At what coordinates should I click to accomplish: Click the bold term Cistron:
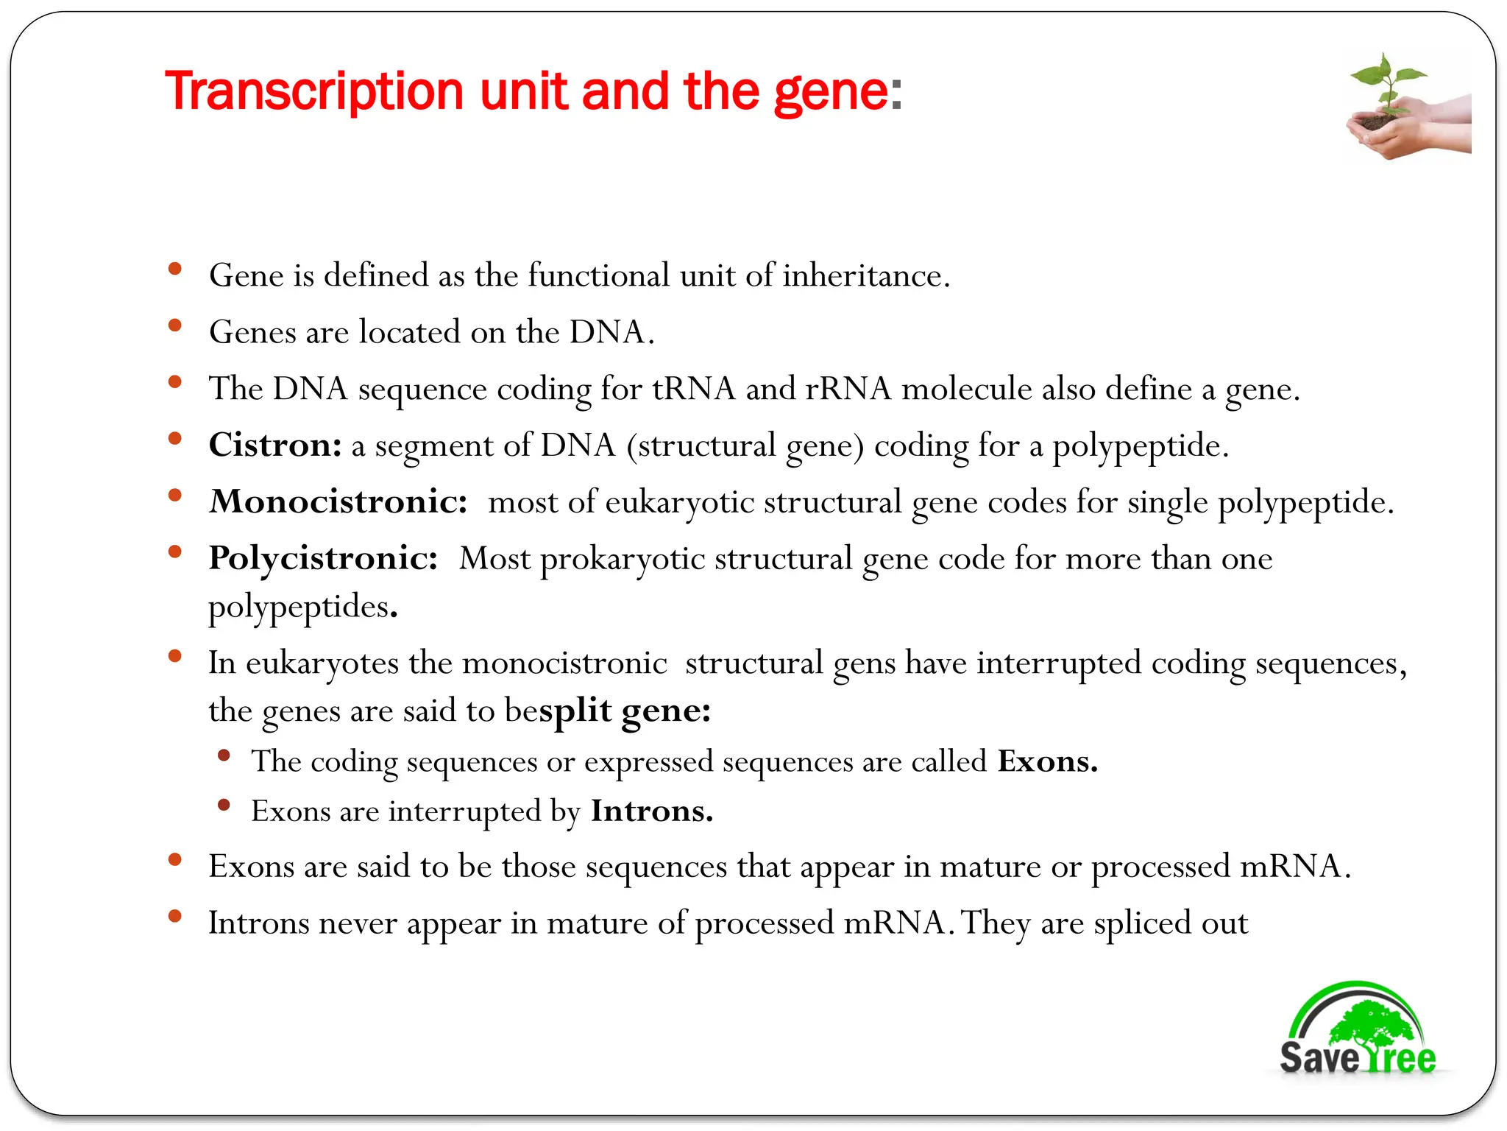coord(275,445)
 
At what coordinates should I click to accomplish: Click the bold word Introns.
coord(651,811)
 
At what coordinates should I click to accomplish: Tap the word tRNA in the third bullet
coord(693,389)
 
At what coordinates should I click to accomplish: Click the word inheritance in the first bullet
coord(865,276)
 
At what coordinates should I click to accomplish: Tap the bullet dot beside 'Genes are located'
coord(175,325)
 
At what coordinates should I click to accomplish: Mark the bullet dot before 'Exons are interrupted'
coord(224,805)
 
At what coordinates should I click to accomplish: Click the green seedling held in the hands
coord(1386,82)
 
